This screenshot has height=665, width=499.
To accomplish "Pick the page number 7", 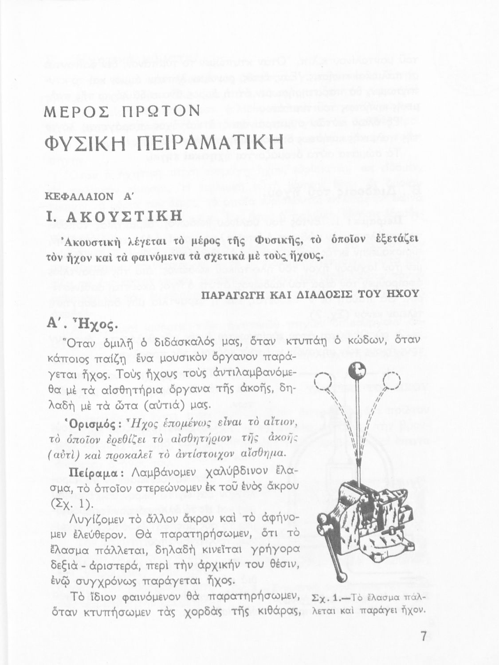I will click(x=423, y=637).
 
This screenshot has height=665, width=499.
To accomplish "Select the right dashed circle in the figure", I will click(x=391, y=380).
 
